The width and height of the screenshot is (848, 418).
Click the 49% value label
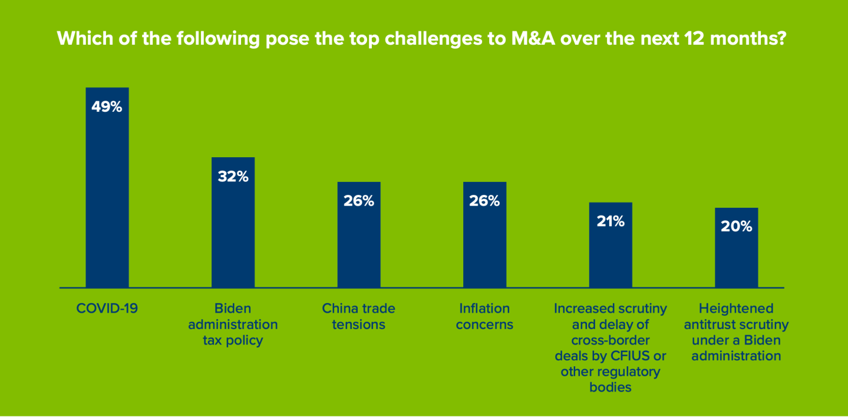point(107,107)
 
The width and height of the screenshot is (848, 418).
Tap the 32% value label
point(233,177)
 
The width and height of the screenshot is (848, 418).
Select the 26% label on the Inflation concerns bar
point(484,201)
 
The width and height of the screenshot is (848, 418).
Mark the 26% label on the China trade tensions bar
point(359,201)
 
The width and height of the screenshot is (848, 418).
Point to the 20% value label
point(736,227)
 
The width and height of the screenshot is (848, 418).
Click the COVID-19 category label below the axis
point(107,308)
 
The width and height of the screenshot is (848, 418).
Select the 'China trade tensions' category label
point(359,316)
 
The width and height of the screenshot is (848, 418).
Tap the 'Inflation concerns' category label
point(484,316)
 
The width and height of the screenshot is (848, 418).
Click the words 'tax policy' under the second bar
point(233,340)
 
